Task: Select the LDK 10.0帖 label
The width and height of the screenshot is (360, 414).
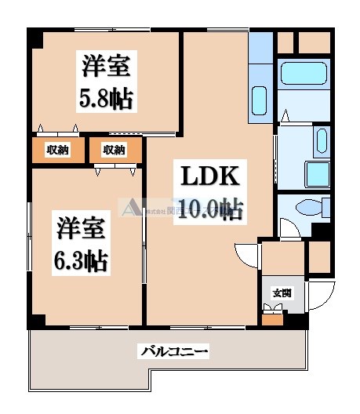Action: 208,192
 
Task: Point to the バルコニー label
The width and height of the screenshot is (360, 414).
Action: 175,352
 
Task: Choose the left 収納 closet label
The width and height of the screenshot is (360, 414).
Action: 56,151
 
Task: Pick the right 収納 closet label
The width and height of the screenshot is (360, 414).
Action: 114,151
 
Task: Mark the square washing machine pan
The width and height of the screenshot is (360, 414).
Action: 318,174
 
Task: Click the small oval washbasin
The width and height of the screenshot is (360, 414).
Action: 321,140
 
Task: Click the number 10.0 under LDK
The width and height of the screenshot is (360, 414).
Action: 198,209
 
